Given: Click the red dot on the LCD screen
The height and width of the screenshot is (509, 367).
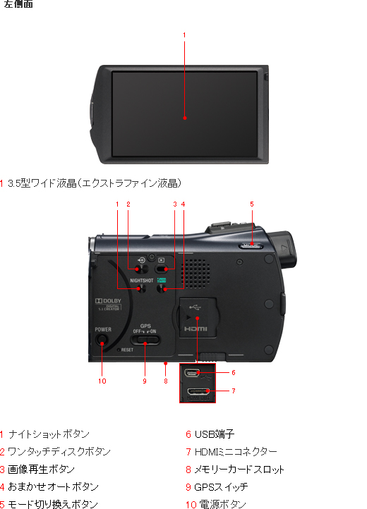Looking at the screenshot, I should [184, 118].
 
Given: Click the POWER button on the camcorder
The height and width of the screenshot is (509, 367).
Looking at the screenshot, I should [103, 343].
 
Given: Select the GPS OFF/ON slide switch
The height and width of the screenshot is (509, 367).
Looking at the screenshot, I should [146, 342].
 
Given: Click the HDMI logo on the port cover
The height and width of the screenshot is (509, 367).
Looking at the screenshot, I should [196, 329].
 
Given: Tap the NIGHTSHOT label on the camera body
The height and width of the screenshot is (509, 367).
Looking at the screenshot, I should [141, 280].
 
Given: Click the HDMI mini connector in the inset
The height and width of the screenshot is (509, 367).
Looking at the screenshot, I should [198, 390].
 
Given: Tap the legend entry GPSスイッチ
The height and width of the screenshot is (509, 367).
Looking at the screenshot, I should [221, 487].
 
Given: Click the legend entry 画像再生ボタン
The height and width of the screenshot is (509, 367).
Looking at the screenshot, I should [41, 470].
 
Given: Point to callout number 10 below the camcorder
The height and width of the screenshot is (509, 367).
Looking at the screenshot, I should [102, 381].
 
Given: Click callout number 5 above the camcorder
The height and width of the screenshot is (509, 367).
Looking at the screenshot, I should [252, 204].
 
